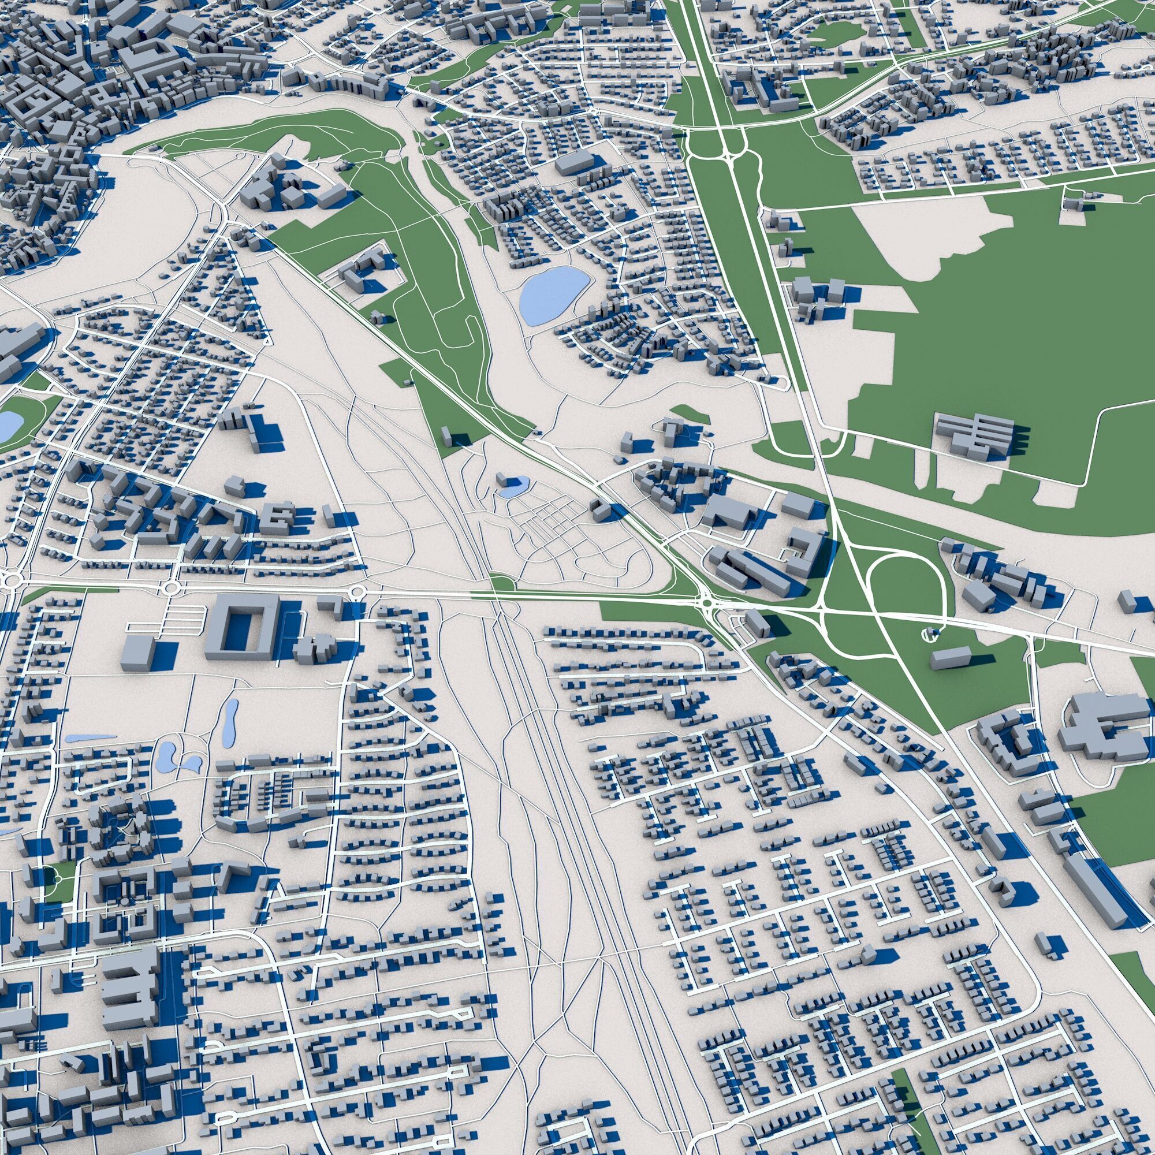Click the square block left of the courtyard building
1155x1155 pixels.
coord(138,651)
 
